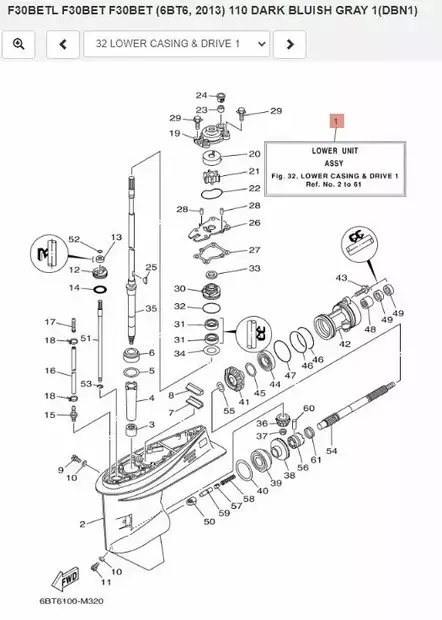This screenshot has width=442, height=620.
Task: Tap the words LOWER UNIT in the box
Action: pos(335,150)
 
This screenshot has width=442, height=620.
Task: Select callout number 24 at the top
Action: pos(201,95)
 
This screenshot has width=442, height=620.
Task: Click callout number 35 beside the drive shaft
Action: pos(151,309)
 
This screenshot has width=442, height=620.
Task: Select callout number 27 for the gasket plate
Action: pos(254,250)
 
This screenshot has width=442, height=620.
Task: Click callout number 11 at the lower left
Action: pos(107,581)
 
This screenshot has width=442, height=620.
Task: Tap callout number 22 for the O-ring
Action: pos(254,188)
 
